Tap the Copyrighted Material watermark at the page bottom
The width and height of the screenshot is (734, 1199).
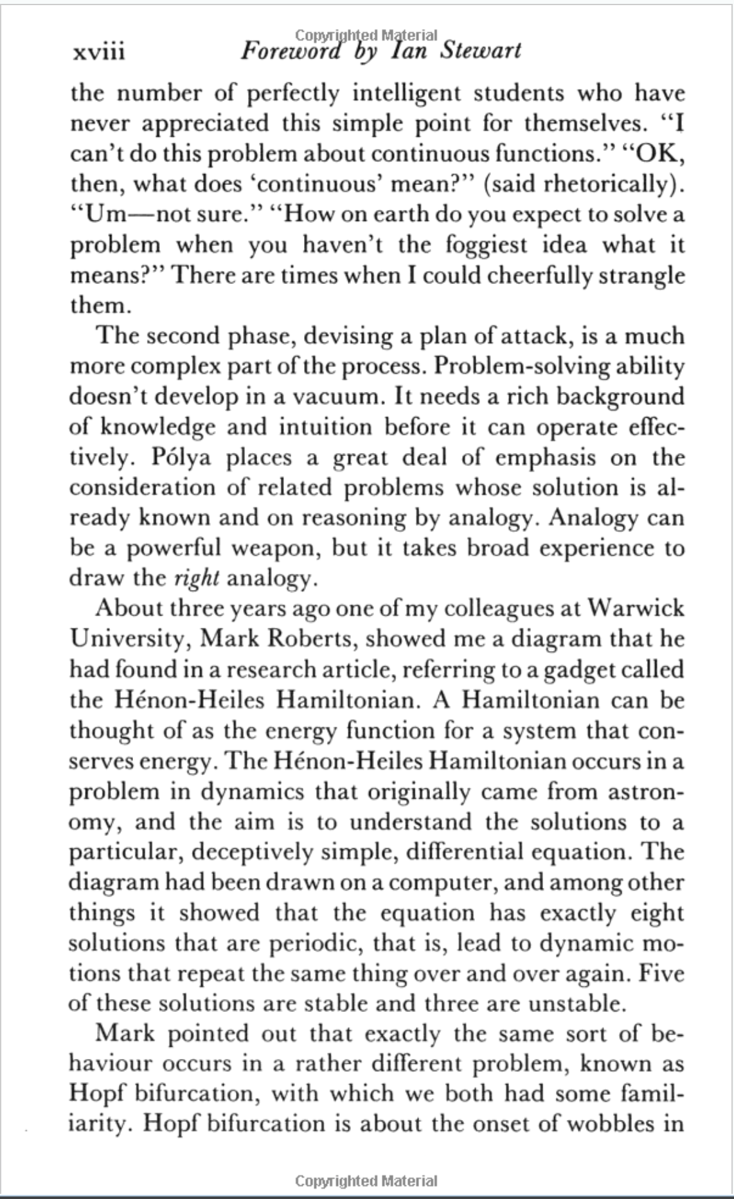[366, 1180]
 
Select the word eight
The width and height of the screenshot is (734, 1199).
[656, 913]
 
